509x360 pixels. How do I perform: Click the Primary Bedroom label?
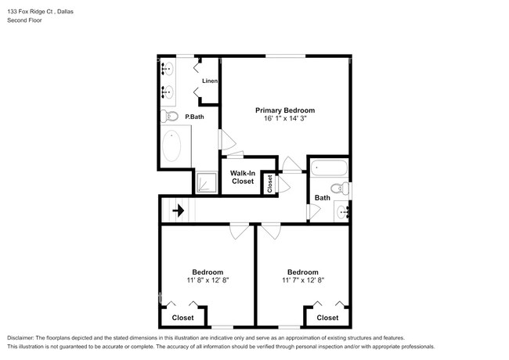[x=285, y=110]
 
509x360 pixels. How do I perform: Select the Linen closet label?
[x=210, y=81]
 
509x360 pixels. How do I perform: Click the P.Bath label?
[x=194, y=117]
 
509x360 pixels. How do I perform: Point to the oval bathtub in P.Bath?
[x=172, y=146]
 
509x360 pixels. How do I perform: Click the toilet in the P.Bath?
[x=170, y=117]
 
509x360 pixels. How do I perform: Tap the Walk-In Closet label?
[x=243, y=177]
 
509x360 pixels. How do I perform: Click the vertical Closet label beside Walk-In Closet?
[x=269, y=183]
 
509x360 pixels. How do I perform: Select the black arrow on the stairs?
[x=179, y=210]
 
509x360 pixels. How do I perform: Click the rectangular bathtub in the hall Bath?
[x=329, y=167]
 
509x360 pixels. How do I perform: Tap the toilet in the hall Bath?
[x=340, y=188]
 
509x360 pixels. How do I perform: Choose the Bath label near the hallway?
[x=323, y=199]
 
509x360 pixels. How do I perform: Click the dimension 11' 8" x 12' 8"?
[x=208, y=279]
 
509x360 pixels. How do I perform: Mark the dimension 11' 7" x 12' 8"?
[x=302, y=279]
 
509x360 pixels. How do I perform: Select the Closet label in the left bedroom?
[x=183, y=318]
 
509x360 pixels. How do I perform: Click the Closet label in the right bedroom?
[x=327, y=318]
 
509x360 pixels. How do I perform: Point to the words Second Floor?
[x=25, y=20]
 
